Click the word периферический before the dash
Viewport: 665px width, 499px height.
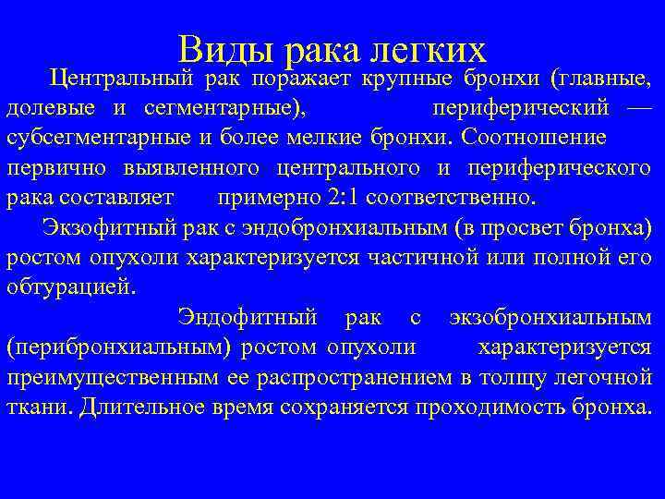point(521,109)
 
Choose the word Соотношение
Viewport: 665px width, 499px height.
point(536,139)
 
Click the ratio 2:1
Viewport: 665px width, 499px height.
point(338,198)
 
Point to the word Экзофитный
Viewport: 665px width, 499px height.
point(97,227)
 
